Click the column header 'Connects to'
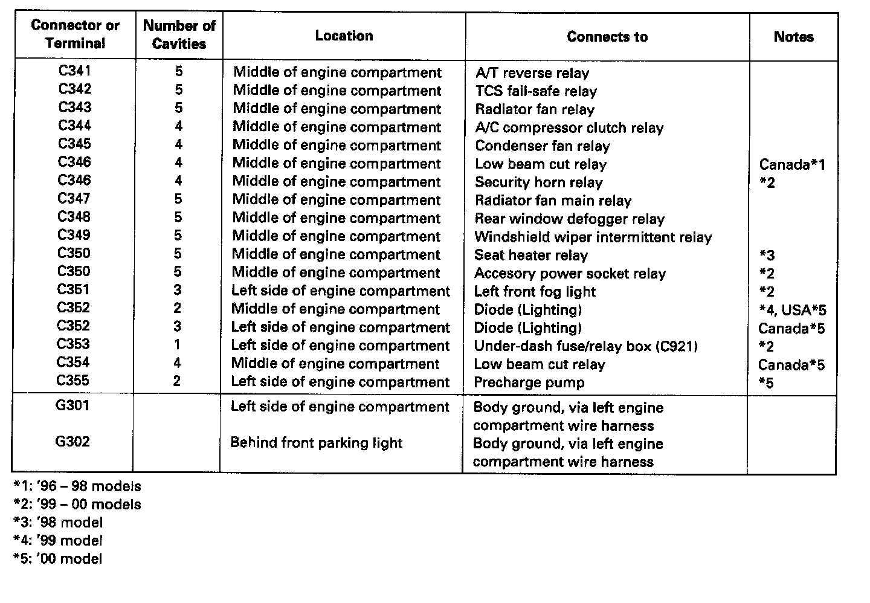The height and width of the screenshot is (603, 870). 607,36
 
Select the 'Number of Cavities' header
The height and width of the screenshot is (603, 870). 179,34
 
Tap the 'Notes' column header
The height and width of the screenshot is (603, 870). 793,36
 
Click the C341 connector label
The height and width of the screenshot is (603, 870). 75,71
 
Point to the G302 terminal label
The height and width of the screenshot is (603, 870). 72,442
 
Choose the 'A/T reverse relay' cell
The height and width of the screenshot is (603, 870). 532,73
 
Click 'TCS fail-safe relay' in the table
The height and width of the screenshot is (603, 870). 536,91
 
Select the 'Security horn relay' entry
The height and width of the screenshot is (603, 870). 538,182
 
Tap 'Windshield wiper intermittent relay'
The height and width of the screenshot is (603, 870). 593,237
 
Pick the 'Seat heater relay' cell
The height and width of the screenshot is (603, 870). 530,255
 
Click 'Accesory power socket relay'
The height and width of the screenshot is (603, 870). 570,273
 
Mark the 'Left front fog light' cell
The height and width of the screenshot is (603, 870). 535,291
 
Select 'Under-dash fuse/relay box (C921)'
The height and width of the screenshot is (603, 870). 585,346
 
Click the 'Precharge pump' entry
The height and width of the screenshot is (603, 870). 529,382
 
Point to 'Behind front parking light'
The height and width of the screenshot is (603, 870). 316,443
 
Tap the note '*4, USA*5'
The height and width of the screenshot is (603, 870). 793,311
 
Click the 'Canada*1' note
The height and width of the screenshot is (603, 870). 792,164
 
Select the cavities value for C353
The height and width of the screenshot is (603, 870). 178,344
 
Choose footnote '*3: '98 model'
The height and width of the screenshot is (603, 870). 58,523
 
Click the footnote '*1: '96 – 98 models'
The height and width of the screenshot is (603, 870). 77,486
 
